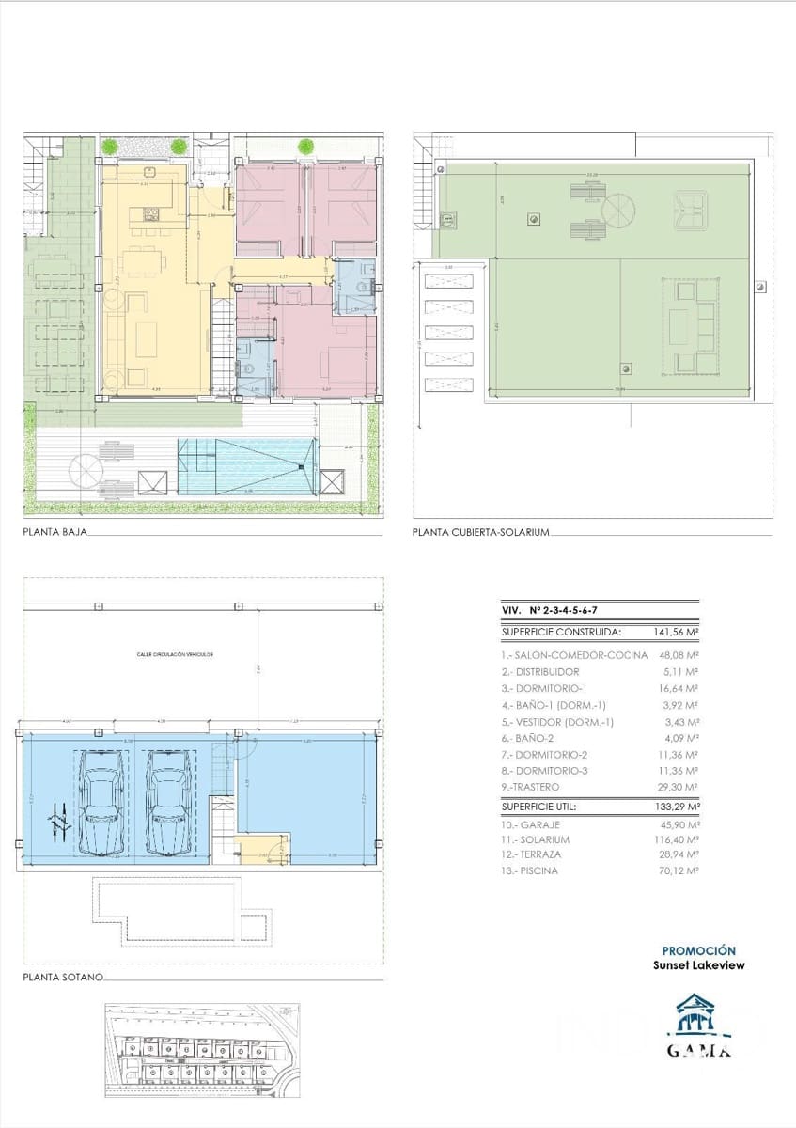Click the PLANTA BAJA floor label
(55, 532)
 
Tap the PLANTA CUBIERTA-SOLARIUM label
(480, 532)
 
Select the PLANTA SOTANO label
(62, 979)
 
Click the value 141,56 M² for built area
(676, 633)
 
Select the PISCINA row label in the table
(536, 871)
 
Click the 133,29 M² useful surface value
(676, 806)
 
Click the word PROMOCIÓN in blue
(698, 951)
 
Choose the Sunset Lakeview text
(698, 965)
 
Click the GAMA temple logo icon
(698, 1018)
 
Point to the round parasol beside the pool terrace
(85, 467)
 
